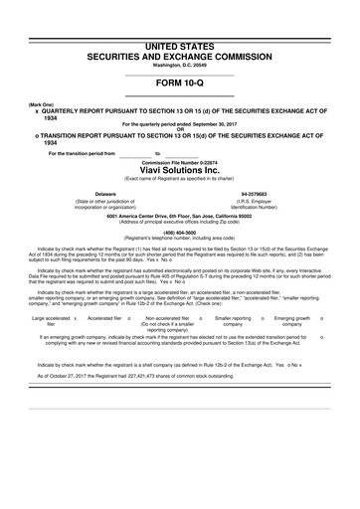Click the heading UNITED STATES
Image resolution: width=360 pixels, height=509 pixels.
[x=180, y=47]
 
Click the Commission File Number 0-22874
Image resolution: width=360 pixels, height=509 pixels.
[x=180, y=159]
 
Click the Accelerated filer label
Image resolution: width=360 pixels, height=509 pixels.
[x=106, y=318]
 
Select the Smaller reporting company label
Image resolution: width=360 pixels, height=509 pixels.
[x=234, y=321]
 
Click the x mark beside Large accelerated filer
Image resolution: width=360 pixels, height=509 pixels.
[x=76, y=318]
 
